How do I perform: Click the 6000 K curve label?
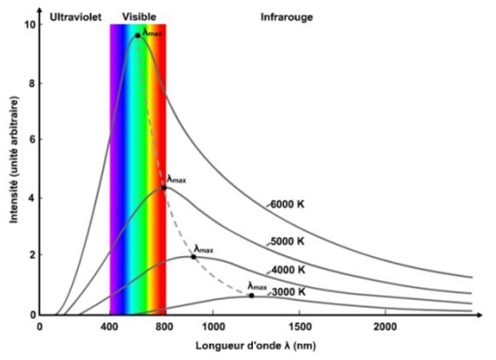(x=288, y=204)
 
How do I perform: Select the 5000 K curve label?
(x=288, y=242)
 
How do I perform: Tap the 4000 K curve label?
(x=288, y=270)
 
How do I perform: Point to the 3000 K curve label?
(x=288, y=291)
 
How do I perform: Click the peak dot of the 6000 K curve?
(x=138, y=35)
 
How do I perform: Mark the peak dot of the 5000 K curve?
(x=164, y=187)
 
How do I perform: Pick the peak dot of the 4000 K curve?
(x=193, y=257)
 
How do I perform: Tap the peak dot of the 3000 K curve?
(x=252, y=295)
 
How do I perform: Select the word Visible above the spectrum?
(x=140, y=15)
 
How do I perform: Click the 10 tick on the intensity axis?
(x=29, y=26)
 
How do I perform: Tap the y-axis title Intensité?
(x=14, y=170)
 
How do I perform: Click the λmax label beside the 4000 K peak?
(x=204, y=249)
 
